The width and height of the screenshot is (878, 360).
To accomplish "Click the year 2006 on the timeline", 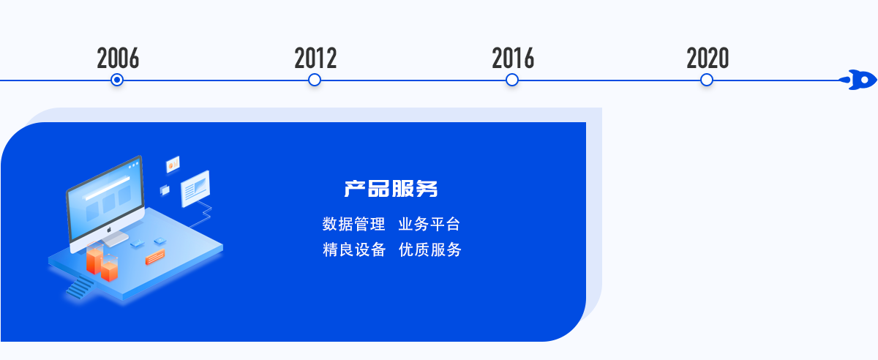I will click(118, 58).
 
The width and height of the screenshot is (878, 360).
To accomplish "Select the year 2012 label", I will click(315, 58).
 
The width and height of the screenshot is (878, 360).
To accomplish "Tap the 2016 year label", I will click(513, 58).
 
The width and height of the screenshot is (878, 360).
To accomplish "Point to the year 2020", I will click(708, 58).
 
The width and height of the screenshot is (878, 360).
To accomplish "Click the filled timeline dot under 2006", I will click(117, 80).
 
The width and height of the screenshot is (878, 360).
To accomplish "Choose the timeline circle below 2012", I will click(315, 80).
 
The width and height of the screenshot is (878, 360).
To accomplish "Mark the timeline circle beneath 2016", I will click(512, 80).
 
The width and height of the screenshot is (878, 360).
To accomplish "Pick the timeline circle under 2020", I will click(707, 80).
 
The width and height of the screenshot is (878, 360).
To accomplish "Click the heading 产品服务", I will click(391, 189).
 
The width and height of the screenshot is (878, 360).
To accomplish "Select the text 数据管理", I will click(353, 225).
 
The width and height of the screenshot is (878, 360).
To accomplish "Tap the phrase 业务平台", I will click(429, 225).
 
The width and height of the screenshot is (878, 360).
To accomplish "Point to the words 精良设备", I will click(354, 250).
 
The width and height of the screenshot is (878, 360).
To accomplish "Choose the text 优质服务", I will click(430, 250).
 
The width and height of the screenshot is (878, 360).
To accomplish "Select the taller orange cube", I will click(94, 260).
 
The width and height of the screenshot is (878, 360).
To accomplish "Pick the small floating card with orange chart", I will click(173, 164).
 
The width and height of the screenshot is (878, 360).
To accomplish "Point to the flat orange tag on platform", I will click(155, 257).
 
